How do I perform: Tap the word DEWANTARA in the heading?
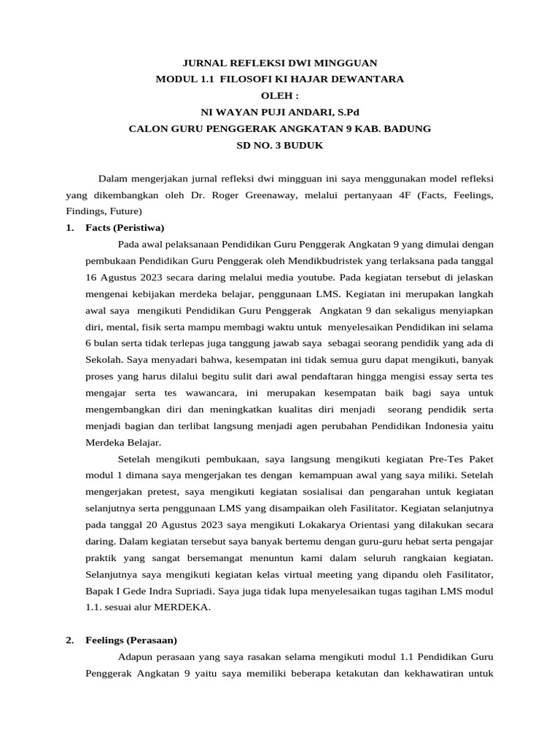click(368, 79)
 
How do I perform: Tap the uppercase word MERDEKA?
click(185, 607)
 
